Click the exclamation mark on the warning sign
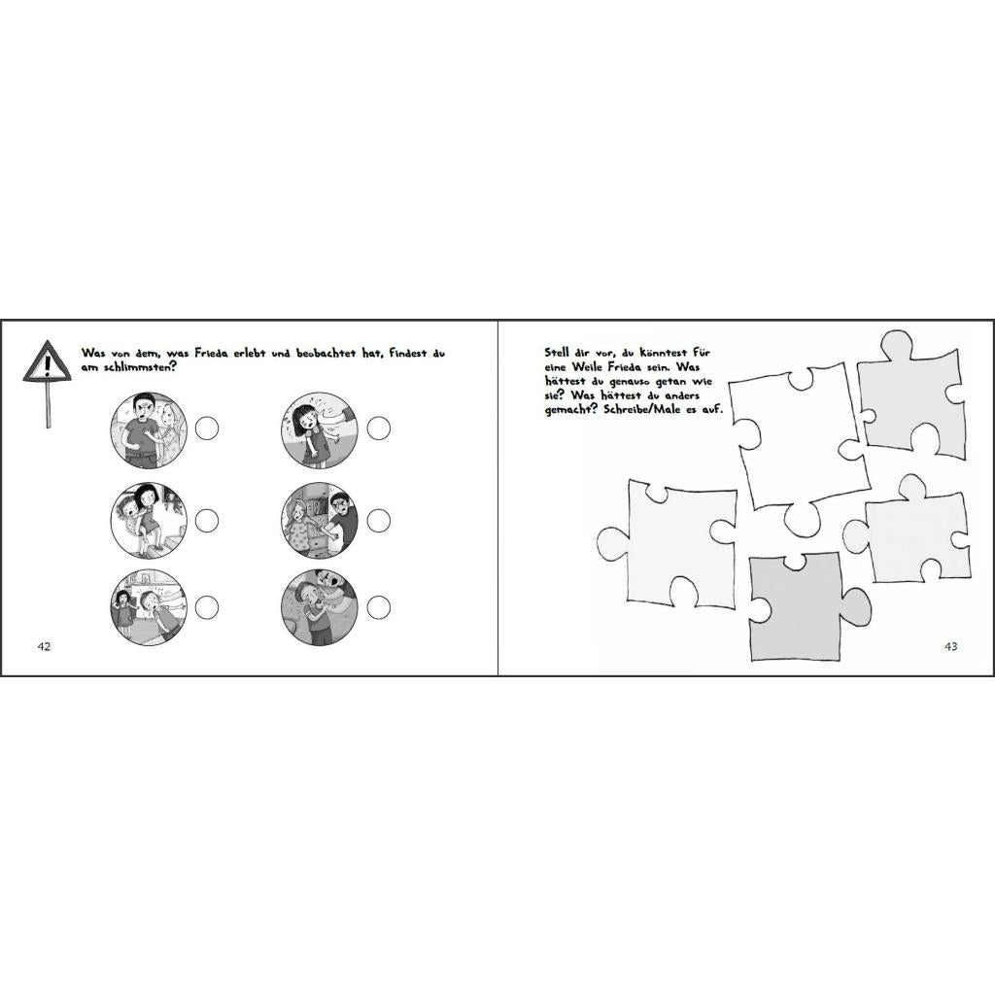point(47,365)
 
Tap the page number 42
point(44,646)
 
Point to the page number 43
point(950,646)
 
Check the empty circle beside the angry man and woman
point(207,429)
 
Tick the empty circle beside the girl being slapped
point(379,429)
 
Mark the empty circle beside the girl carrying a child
point(207,521)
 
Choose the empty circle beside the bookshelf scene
point(379,521)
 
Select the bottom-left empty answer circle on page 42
point(207,607)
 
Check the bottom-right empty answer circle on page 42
point(379,607)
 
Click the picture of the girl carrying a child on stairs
point(149,521)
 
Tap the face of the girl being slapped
point(299,420)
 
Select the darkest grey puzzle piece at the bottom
point(800,606)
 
